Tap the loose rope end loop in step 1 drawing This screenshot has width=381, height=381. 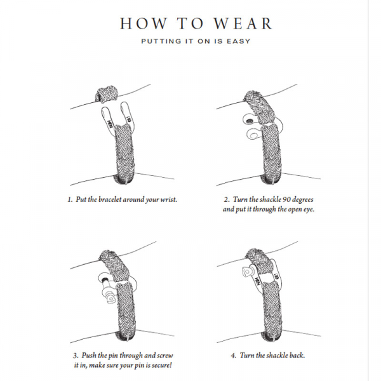[105, 95]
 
